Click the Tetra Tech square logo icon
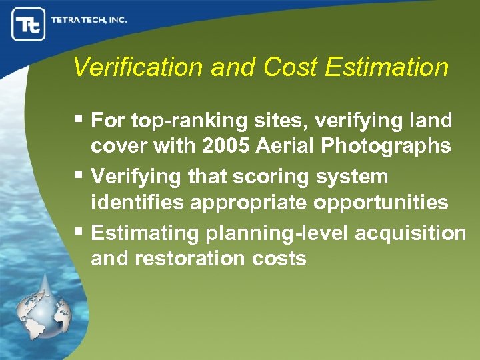click(x=28, y=24)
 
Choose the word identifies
click(x=137, y=203)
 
